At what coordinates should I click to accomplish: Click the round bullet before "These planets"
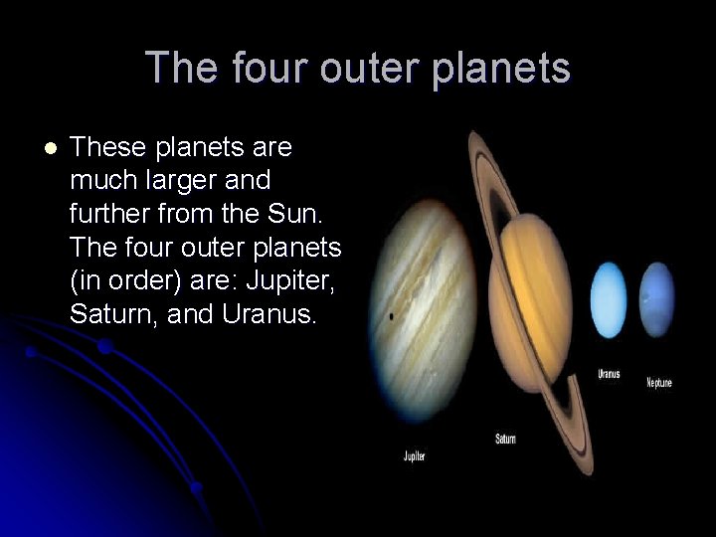(x=51, y=149)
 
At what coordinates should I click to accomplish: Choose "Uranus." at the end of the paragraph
(x=271, y=315)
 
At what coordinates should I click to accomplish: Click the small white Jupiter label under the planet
(x=415, y=455)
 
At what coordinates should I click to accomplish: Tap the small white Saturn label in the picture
(x=505, y=439)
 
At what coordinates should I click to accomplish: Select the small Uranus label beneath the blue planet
(x=609, y=374)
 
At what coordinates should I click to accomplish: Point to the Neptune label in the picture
(x=659, y=382)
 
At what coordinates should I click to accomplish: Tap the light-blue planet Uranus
(x=608, y=299)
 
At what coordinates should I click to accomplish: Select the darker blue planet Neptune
(x=657, y=299)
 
